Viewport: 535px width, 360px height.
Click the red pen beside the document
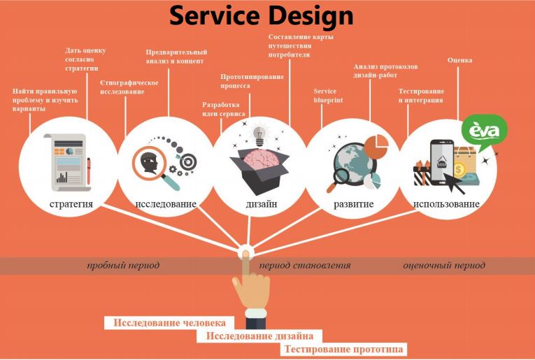(88, 171)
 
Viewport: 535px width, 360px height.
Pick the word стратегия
(71, 204)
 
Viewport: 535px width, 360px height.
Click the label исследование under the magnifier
(166, 204)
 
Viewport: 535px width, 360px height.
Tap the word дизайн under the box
(261, 204)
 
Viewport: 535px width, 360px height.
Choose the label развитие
(353, 204)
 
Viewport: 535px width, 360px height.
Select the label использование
(445, 204)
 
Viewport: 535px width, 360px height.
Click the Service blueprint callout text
(328, 96)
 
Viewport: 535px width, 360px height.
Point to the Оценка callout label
(459, 60)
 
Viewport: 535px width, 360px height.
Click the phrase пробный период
(123, 266)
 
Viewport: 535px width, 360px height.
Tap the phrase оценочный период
(444, 266)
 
